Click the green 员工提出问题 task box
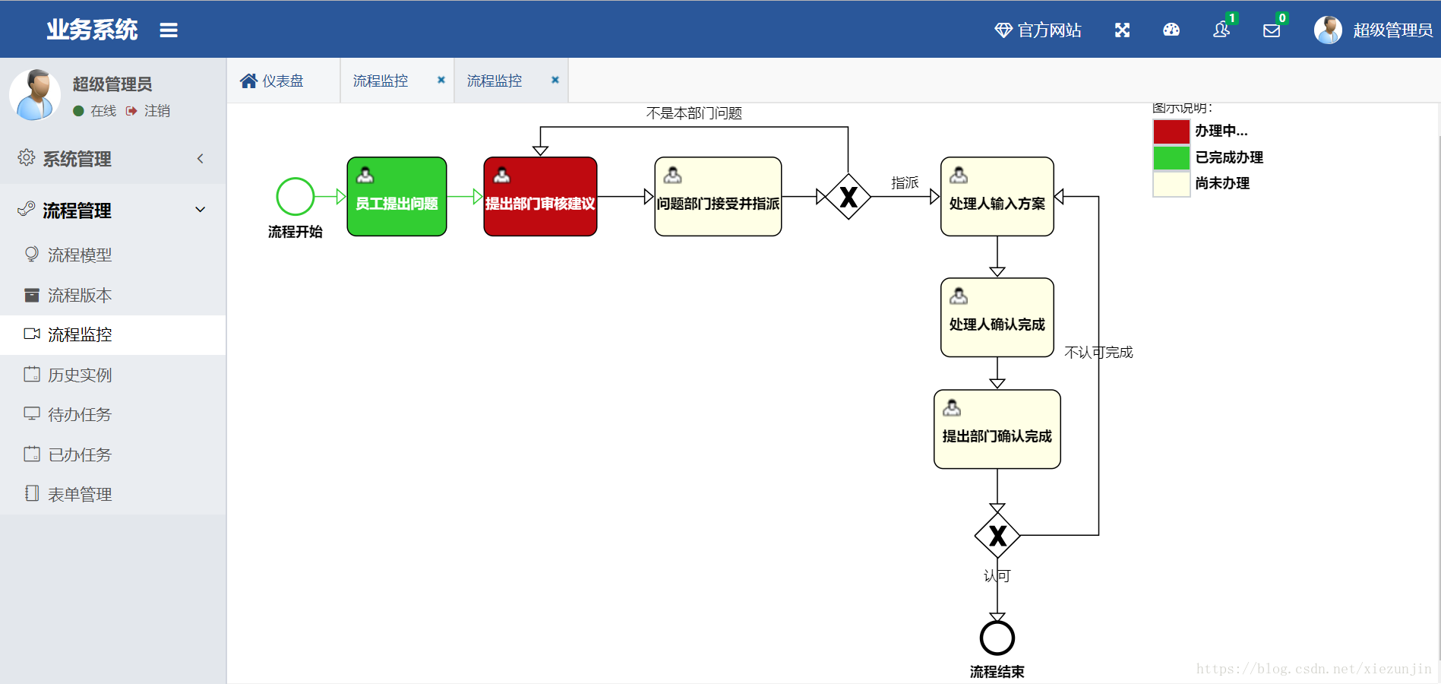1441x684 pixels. [397, 196]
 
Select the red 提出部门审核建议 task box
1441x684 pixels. [540, 196]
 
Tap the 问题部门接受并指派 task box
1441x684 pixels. [718, 196]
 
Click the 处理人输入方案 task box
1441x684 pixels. [997, 196]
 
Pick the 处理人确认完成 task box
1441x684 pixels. [997, 317]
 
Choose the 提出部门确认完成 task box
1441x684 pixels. [997, 429]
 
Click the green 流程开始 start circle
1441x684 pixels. [295, 178]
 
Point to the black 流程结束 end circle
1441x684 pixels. [997, 620]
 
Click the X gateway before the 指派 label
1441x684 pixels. [848, 197]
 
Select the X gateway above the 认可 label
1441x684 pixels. [997, 536]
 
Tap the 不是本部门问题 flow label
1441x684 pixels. [694, 113]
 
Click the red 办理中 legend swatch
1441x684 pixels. [1171, 131]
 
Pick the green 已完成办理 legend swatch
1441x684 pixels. [1171, 157]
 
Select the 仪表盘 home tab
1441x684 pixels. [272, 81]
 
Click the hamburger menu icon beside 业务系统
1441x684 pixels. [169, 30]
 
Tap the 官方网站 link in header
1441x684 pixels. [1038, 30]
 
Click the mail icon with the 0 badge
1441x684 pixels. [1272, 30]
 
